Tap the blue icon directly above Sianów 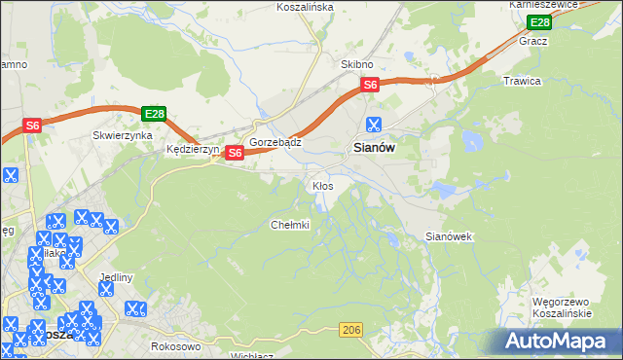372,124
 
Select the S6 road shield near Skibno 370,86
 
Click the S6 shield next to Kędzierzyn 235,153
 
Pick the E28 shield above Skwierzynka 153,114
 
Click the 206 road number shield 352,332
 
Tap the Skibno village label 357,63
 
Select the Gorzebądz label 275,142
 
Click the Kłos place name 322,185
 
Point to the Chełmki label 289,225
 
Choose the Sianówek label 449,236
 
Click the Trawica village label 522,81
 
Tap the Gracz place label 533,42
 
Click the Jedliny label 115,277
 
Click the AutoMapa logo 559,341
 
